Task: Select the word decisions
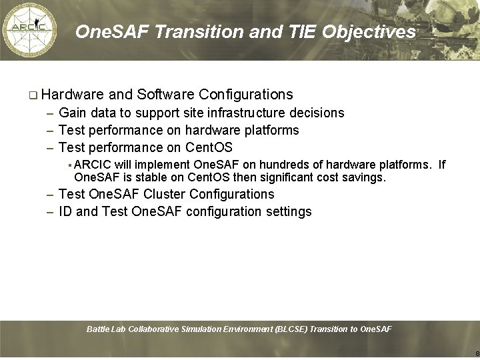317,113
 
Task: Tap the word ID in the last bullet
65,211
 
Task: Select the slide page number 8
477,353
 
